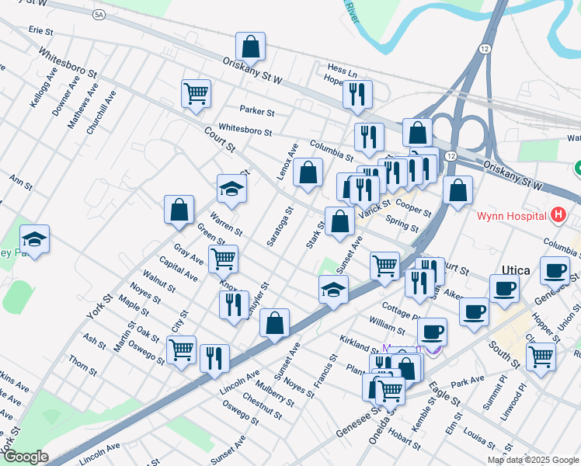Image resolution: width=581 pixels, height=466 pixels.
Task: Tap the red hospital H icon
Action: pyautogui.click(x=557, y=214)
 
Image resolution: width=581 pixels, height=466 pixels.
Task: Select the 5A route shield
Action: pyautogui.click(x=98, y=15)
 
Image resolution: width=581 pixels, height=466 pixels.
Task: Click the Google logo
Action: pyautogui.click(x=26, y=457)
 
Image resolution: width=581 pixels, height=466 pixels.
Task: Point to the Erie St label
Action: pyautogui.click(x=40, y=31)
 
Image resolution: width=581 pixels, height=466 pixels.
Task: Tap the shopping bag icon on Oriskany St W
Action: pyautogui.click(x=250, y=47)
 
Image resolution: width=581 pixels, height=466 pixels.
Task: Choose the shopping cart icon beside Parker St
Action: pyautogui.click(x=196, y=94)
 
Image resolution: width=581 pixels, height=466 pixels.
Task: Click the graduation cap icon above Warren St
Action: pyautogui.click(x=231, y=188)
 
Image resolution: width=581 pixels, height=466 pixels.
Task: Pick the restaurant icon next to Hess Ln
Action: pyautogui.click(x=357, y=95)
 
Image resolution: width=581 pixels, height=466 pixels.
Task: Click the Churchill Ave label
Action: pyautogui.click(x=101, y=113)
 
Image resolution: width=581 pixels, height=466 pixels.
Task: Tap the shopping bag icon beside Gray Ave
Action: pyautogui.click(x=179, y=210)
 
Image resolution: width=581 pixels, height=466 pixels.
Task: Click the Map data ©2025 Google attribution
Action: pyautogui.click(x=532, y=460)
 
